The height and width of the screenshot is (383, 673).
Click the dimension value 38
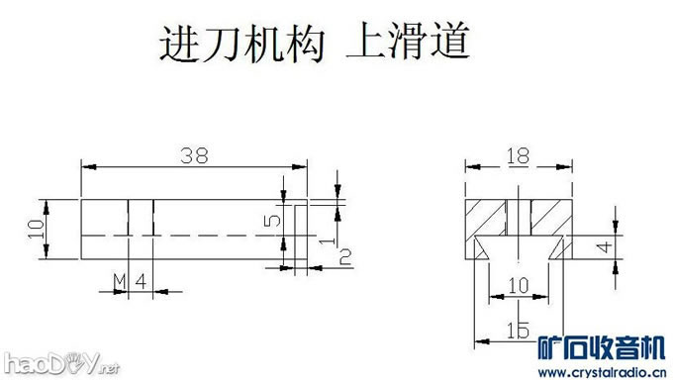[194, 155]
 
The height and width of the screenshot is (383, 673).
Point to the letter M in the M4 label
[119, 282]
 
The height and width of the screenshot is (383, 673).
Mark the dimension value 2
[344, 257]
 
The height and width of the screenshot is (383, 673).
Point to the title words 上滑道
[407, 45]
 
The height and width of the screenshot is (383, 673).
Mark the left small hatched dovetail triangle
[480, 247]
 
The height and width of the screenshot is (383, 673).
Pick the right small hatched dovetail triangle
[559, 247]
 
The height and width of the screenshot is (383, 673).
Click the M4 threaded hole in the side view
[142, 218]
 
